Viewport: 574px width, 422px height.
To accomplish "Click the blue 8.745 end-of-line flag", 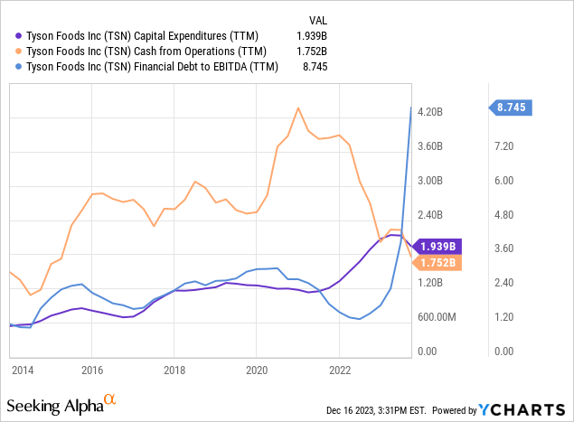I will pos(513,108).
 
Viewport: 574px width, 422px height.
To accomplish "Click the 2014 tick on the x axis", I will pos(23,370).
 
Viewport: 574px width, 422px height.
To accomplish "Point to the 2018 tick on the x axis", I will pos(174,370).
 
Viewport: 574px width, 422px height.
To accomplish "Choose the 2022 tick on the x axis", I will pos(339,370).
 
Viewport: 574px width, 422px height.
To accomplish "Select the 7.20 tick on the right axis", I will pos(503,145).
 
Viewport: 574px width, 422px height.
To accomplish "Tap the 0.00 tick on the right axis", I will pos(503,352).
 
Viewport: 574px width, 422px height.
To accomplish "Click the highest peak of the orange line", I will pos(298,108).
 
